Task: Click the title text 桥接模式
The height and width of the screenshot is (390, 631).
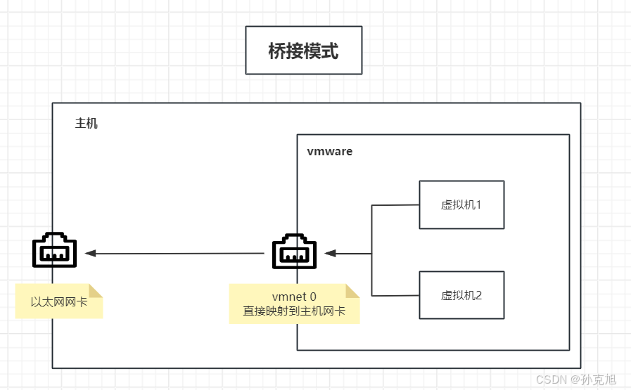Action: click(303, 51)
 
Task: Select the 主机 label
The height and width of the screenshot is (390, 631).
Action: click(87, 124)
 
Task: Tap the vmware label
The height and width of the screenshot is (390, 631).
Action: click(329, 151)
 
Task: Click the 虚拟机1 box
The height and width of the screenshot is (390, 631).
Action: click(461, 204)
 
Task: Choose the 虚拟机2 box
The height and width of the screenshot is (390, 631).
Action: click(461, 295)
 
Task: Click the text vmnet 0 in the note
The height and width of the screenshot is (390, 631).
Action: click(294, 297)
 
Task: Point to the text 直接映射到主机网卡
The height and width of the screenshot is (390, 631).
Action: click(294, 311)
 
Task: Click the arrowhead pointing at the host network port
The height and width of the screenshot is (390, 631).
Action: click(91, 253)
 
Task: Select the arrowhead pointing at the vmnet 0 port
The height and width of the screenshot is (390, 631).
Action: click(330, 253)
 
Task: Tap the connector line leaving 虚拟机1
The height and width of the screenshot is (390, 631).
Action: click(395, 205)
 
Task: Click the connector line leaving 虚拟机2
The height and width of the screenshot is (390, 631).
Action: click(395, 295)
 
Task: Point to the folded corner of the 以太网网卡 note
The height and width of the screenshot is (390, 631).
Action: click(96, 290)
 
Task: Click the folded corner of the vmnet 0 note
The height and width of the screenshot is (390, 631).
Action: click(352, 291)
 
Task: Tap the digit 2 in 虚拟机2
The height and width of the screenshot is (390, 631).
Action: click(479, 295)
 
